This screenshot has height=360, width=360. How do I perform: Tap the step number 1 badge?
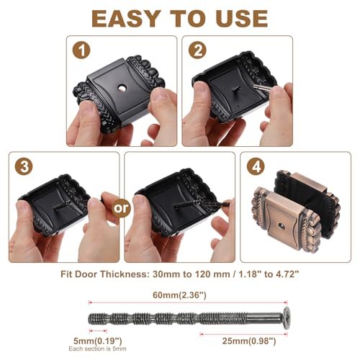coord(81,50)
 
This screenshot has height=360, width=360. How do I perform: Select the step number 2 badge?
coord(197,50)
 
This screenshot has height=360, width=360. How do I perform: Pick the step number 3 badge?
coord(24,166)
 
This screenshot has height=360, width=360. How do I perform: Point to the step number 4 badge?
coord(256,166)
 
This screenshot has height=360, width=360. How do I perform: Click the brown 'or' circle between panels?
coord(121,208)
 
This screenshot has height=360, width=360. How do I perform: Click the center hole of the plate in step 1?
coord(122,89)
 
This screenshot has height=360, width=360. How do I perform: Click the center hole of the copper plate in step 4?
coord(281,226)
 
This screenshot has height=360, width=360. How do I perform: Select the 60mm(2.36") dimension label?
coord(179,295)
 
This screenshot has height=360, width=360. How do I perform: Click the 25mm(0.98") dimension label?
coord(249,341)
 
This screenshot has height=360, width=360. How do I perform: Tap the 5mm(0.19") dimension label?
coord(98,341)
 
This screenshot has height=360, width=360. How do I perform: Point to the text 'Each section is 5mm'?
coord(97,348)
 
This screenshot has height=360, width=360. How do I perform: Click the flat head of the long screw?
coord(286,318)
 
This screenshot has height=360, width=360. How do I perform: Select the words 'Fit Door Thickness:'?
coord(105,274)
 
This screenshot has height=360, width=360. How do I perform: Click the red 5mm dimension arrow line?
coord(98,331)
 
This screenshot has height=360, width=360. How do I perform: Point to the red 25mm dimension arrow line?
coord(243,334)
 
